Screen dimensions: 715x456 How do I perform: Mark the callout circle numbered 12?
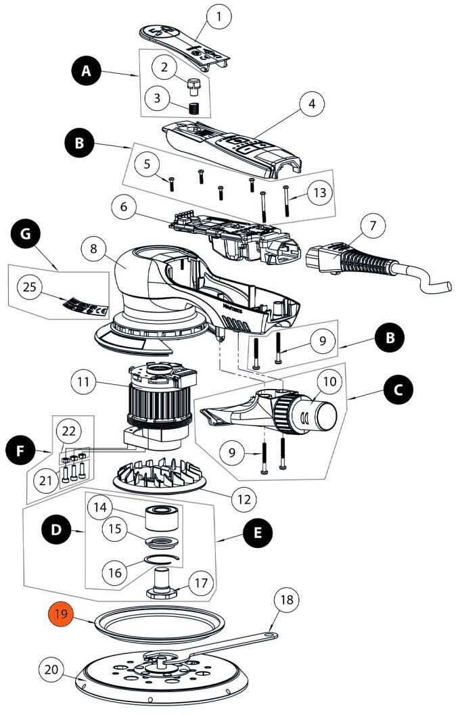click(242, 500)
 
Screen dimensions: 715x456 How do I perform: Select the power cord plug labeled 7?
click(338, 260)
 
